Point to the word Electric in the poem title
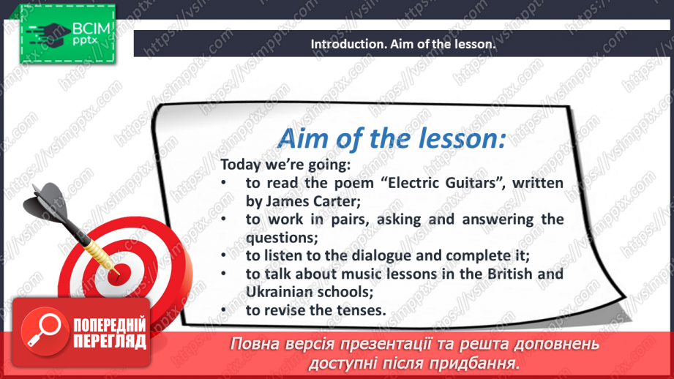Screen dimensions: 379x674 point(401,183)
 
